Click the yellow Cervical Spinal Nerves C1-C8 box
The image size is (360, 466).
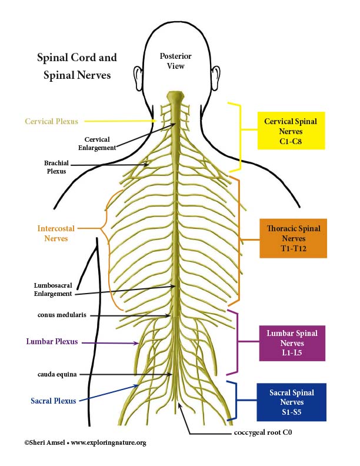pos(291,131)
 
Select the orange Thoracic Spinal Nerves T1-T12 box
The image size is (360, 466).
pos(293,238)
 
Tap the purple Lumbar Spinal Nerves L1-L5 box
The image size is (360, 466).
pos(292,343)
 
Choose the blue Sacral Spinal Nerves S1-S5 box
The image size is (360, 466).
pos(291,402)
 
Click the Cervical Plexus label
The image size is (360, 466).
pos(51,121)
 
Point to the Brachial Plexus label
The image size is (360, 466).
pos(56,167)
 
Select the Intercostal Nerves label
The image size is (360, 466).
pos(56,234)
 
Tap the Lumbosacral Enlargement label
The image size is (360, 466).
pos(53,289)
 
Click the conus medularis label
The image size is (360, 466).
pos(62,315)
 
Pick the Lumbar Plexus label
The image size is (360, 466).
pos(52,341)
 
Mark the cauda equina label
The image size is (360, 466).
pos(57,374)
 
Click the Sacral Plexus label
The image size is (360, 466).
pos(54,401)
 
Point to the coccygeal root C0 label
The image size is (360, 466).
pos(263,432)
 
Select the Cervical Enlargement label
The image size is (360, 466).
pos(97,144)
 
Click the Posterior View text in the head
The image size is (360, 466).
pos(175,61)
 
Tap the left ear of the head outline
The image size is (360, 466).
pos(138,76)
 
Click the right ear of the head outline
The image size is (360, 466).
pos(216,76)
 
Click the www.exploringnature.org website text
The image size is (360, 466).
pos(109,443)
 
